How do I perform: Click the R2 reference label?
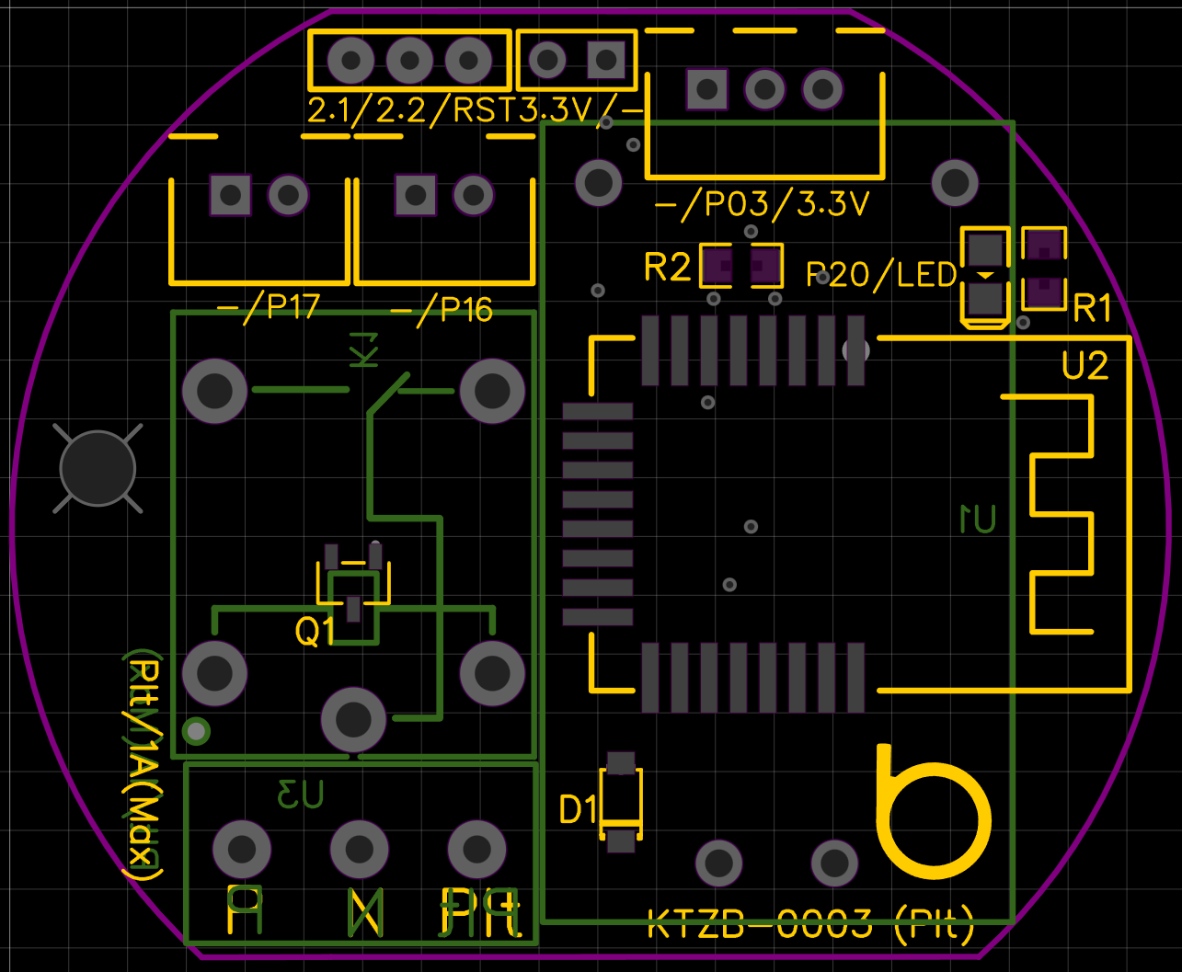(x=667, y=268)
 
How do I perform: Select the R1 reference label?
(x=1092, y=310)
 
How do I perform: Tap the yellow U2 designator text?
(x=1084, y=366)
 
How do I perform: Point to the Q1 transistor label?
(x=315, y=632)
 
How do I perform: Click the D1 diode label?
(x=579, y=810)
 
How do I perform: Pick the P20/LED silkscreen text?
(x=881, y=274)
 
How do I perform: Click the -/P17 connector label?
(x=268, y=306)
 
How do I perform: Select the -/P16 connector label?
(x=442, y=311)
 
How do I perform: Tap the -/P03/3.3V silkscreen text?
(x=762, y=204)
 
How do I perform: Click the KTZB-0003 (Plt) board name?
(x=810, y=925)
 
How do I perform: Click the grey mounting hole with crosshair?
(x=98, y=469)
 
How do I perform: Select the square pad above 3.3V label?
(x=605, y=61)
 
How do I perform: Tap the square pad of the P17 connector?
(x=230, y=195)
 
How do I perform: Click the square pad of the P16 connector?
(x=415, y=195)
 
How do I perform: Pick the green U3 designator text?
(x=302, y=794)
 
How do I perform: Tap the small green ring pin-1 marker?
(x=197, y=731)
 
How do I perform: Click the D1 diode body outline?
(x=621, y=801)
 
